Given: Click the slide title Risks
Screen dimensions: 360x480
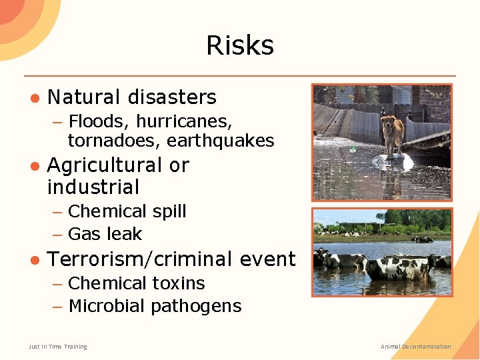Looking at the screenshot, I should (240, 45).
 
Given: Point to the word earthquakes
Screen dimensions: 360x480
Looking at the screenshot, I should (220, 141).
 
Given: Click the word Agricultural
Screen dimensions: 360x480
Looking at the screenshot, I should (105, 165).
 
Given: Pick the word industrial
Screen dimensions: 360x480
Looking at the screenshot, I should (93, 187).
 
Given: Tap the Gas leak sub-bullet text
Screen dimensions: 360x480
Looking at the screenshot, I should (105, 235).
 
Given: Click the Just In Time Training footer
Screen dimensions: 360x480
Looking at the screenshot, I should (58, 347).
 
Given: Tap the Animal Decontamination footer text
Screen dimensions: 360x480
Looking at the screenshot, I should (415, 347).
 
